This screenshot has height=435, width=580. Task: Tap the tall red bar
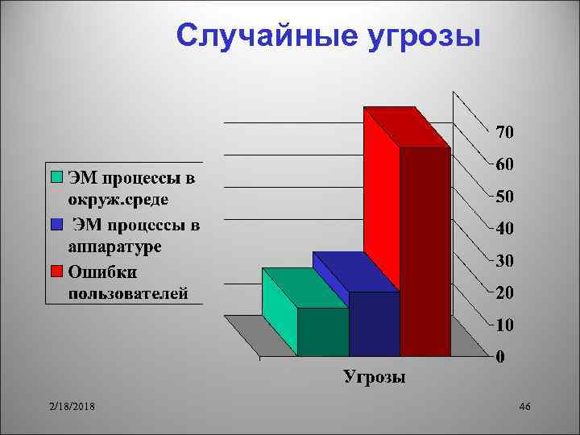coord(383,201)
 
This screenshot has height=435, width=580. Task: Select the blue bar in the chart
coord(373,322)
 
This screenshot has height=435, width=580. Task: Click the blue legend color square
coord(57,224)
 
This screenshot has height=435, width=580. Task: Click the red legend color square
coord(57,270)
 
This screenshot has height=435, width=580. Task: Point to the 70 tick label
coord(505,130)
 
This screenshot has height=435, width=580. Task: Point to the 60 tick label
coord(505,164)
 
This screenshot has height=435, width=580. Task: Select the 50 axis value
coord(505,197)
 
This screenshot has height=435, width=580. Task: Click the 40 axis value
coord(505,229)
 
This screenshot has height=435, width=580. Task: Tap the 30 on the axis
coord(505,261)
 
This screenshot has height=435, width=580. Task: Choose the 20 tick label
coord(505,293)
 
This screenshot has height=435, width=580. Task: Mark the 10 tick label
coord(505,325)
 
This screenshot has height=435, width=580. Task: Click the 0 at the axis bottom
coord(500,356)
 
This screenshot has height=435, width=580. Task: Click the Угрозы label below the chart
coord(375,377)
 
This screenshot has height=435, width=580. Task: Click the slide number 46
coord(525,409)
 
